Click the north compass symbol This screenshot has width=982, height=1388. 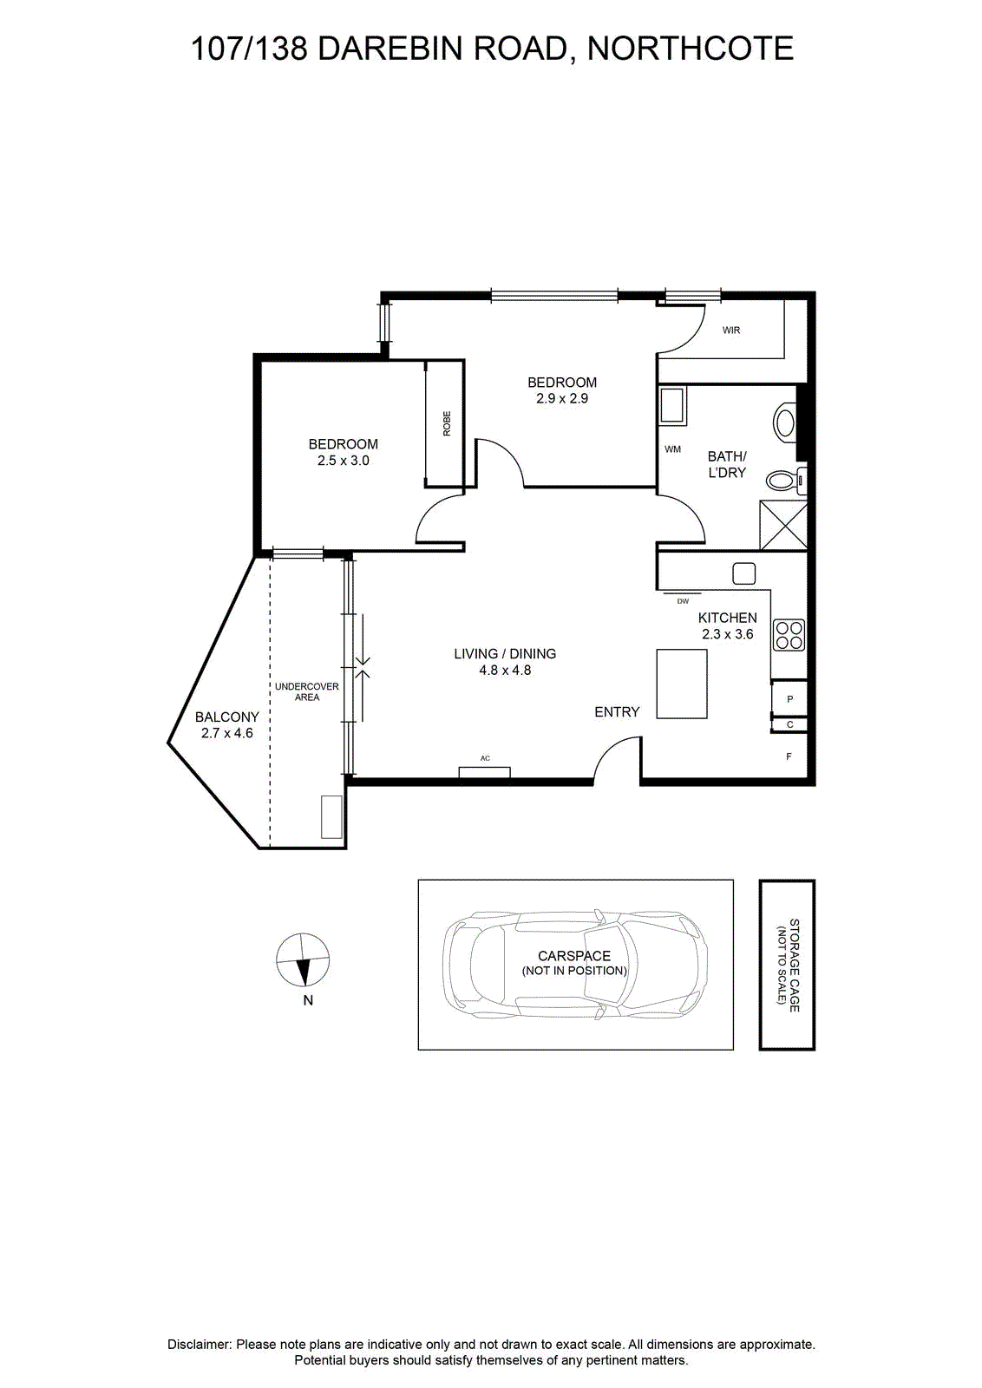pos(303,959)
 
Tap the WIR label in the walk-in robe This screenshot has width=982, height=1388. pos(731,331)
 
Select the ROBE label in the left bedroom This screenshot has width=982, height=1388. pos(447,424)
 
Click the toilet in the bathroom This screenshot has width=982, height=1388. pos(786,480)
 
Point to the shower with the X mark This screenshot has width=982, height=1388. pos(783,526)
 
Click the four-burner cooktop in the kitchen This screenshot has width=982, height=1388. pos(789,635)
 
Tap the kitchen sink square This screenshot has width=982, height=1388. pos(743,573)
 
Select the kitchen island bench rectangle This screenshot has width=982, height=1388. pos(682,684)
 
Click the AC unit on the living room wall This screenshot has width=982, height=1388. pos(485,772)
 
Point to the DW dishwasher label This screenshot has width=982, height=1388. pos(683,601)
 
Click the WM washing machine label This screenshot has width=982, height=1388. pos(673,449)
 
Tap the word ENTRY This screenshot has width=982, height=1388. pos(617,712)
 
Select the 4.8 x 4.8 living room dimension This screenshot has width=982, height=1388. pos(505,670)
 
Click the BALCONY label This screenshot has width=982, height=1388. pos(226,717)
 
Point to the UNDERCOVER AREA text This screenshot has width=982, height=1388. pos(307,692)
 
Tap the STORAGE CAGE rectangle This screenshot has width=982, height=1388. pos(787,965)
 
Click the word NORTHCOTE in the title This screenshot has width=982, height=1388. pos(691,49)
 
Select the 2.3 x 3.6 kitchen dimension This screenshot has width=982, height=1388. pos(727,634)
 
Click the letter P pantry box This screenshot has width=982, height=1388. pos(789,699)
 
